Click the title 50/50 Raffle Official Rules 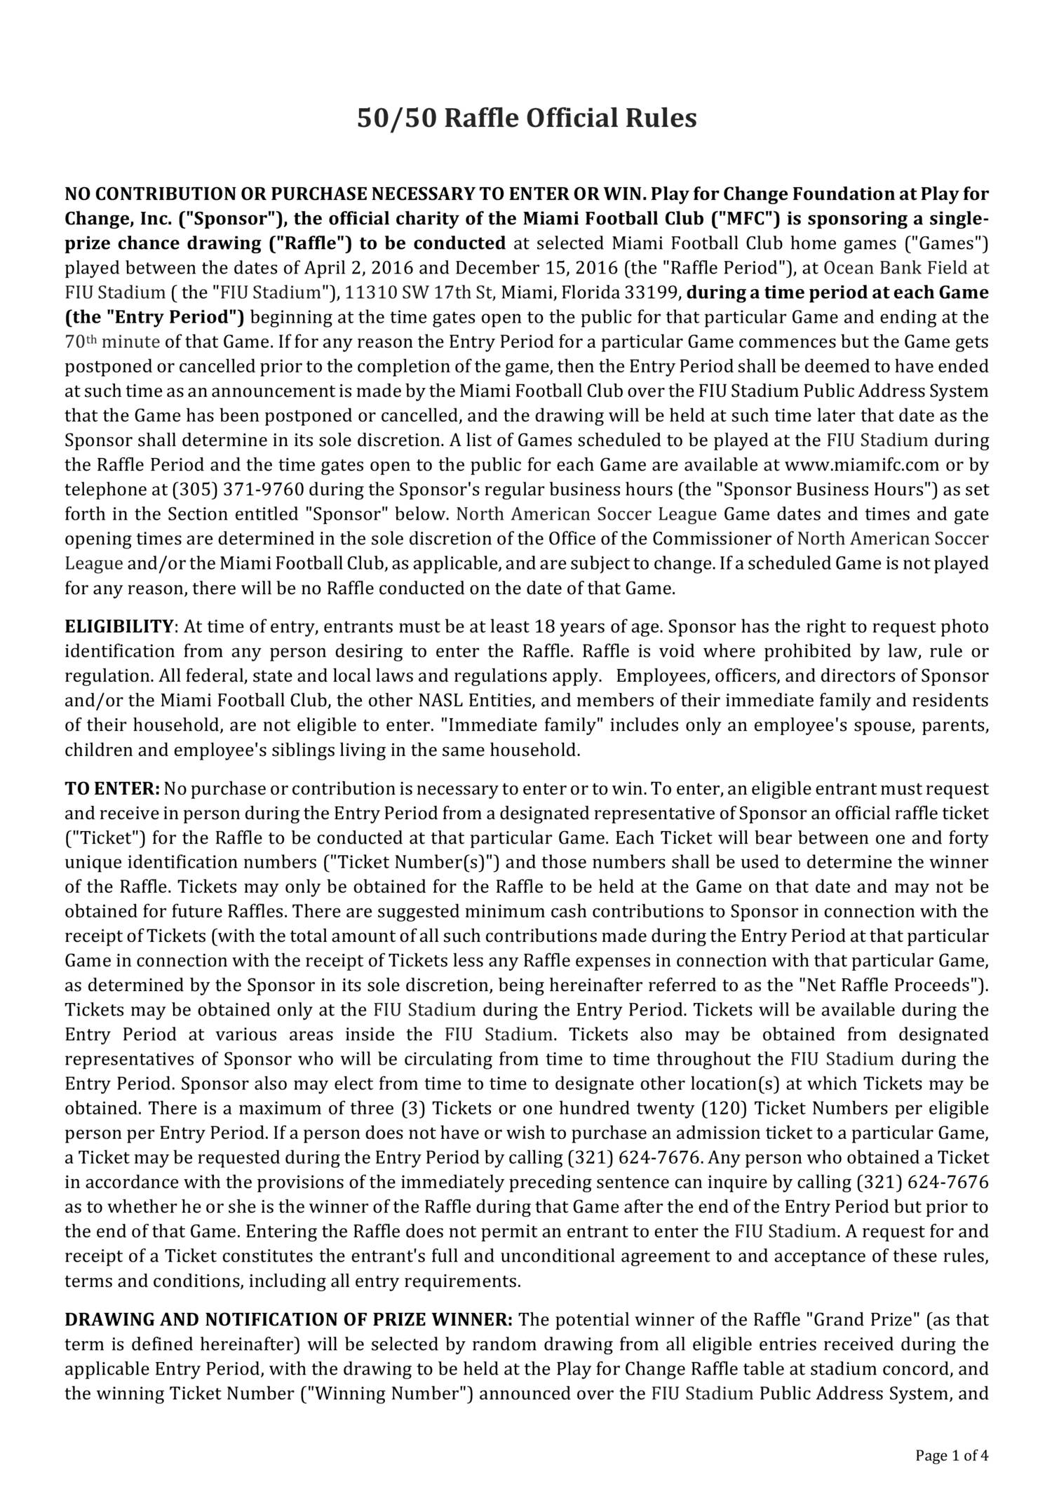pos(527,118)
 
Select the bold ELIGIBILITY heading pos(119,626)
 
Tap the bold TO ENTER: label pos(112,788)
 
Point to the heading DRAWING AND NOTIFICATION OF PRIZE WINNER pos(289,1319)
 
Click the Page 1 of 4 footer pos(952,1455)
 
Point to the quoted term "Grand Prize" pos(864,1319)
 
